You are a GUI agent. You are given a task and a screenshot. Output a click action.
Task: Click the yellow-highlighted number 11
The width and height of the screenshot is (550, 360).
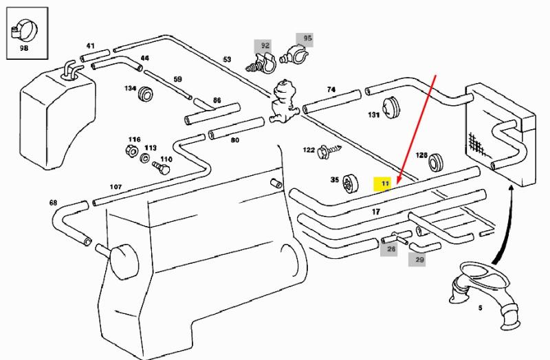(x=386, y=183)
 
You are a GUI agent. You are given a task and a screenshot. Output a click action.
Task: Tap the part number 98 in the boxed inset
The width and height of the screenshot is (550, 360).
(x=24, y=48)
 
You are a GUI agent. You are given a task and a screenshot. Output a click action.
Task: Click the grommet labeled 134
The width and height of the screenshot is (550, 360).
(x=145, y=93)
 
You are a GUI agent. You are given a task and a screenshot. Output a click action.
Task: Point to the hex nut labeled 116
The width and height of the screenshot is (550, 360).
(x=131, y=151)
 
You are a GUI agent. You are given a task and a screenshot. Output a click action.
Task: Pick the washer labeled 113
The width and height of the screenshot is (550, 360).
(x=145, y=158)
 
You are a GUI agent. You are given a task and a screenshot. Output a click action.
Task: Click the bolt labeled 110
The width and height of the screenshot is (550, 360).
(x=161, y=168)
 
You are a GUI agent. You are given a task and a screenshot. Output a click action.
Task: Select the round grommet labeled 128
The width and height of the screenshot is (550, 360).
(x=436, y=161)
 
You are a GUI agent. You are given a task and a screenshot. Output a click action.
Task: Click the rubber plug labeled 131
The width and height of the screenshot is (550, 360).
(x=390, y=107)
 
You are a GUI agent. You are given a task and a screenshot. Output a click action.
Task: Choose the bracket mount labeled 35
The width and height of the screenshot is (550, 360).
(x=349, y=184)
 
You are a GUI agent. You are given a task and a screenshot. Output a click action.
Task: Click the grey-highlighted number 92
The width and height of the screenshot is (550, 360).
(x=265, y=45)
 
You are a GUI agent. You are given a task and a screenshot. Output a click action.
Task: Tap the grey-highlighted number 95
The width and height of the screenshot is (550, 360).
(x=307, y=38)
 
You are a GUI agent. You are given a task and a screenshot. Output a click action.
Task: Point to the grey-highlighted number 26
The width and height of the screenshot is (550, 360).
(x=391, y=249)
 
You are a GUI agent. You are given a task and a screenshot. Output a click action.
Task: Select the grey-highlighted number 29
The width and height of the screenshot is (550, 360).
(x=419, y=260)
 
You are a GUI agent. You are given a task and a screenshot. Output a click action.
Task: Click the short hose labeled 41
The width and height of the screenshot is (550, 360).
(x=95, y=56)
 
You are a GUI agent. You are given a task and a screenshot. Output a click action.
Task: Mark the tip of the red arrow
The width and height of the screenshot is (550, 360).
(x=397, y=183)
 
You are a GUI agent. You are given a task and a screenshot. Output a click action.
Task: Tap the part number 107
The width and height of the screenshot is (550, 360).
(x=115, y=187)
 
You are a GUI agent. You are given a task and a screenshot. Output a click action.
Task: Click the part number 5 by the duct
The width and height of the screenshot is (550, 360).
(x=480, y=308)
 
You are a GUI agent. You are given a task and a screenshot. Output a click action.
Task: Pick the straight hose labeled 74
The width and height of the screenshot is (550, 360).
(x=332, y=102)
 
